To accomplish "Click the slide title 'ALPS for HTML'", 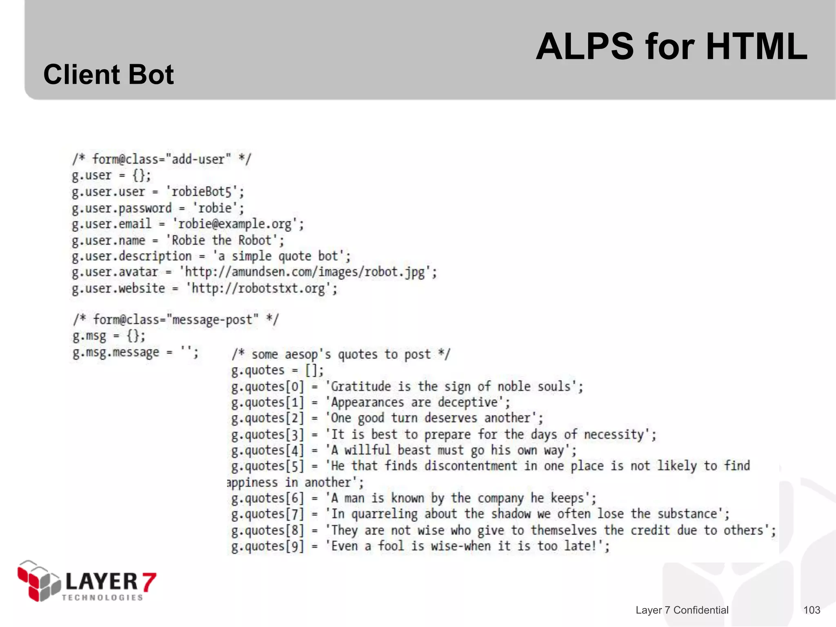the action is click(x=671, y=47).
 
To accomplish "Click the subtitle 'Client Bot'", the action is click(x=109, y=75).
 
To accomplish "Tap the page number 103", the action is click(x=812, y=610).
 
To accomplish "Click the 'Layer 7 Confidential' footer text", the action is click(x=682, y=610).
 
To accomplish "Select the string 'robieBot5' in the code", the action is click(x=202, y=192).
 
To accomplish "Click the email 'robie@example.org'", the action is click(x=235, y=224).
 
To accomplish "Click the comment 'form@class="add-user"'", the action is click(x=162, y=159).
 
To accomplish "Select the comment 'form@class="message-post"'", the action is click(x=176, y=319).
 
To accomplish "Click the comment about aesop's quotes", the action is click(x=341, y=354).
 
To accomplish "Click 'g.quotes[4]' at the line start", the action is click(x=267, y=450).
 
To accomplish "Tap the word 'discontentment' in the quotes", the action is click(x=471, y=466).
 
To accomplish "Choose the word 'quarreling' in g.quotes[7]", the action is click(x=385, y=514).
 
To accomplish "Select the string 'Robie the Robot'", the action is click(x=222, y=240).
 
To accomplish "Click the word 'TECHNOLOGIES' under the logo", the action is click(x=102, y=598).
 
